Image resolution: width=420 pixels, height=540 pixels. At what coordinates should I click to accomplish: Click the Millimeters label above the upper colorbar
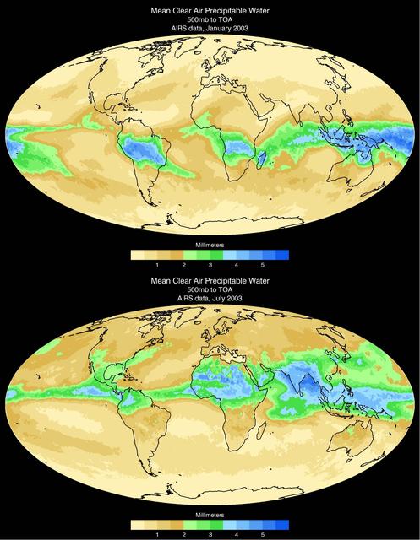[x=210, y=244]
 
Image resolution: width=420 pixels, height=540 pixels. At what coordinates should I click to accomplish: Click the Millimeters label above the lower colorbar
[x=210, y=512]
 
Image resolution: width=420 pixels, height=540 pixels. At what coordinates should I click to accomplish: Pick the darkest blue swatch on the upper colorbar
[x=284, y=254]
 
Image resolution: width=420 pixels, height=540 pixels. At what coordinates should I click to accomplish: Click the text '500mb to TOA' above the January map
[x=210, y=21]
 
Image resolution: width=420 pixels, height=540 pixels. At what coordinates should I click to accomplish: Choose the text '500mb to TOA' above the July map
[x=210, y=289]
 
